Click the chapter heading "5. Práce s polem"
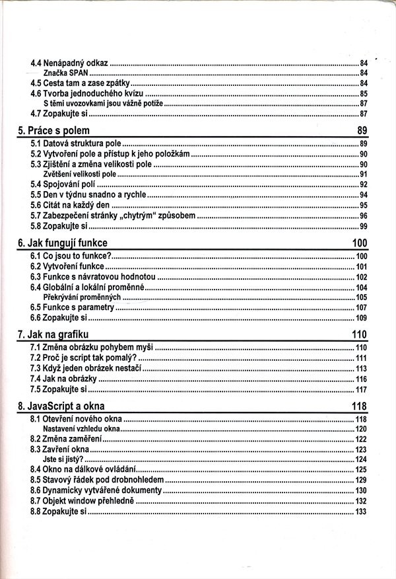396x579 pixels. click(53, 130)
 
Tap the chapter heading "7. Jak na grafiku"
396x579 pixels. click(53, 333)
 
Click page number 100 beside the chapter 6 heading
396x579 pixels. click(360, 243)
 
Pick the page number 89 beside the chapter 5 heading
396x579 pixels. click(362, 130)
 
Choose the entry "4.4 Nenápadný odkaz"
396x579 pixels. click(69, 63)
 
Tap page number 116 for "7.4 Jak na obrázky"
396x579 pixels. click(361, 379)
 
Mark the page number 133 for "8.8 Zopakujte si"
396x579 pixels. click(361, 512)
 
